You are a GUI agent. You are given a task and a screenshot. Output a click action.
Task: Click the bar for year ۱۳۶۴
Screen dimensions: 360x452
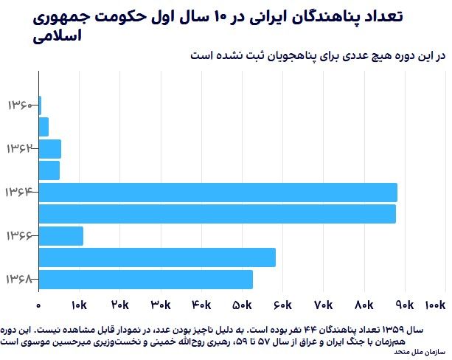[x=218, y=192]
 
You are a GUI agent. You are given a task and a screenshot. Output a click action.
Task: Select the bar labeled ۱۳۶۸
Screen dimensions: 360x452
[x=145, y=280]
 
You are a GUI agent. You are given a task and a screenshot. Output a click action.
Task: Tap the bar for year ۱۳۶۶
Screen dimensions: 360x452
[x=60, y=236]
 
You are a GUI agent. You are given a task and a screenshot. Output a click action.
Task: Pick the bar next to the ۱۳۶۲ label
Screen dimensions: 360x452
[x=49, y=148]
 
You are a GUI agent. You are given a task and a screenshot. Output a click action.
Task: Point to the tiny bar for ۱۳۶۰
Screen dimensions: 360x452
[x=40, y=105]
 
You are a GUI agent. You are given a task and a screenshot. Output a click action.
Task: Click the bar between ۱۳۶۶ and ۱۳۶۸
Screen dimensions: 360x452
[x=156, y=257]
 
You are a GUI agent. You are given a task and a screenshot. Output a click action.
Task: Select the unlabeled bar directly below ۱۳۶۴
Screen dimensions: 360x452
[x=217, y=214]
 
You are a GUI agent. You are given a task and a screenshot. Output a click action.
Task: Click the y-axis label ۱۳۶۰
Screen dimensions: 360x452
[x=21, y=105]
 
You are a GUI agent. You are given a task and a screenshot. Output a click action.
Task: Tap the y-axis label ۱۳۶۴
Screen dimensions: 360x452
[x=21, y=193]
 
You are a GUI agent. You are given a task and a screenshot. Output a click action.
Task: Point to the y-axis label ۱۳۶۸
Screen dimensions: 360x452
[x=21, y=280]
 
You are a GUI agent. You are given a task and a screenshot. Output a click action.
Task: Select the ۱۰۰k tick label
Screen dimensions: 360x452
[x=436, y=304]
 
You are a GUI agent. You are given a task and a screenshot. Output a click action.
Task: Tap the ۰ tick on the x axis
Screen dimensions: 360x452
[x=39, y=304]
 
